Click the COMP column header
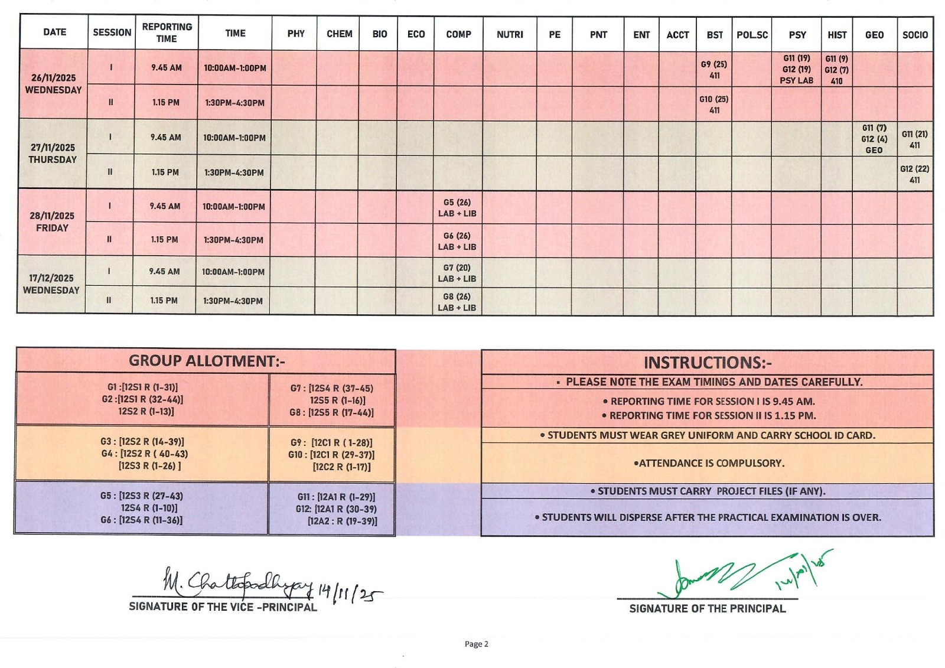(458, 34)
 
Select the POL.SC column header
(752, 35)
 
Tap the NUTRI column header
(510, 34)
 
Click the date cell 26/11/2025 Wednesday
(53, 84)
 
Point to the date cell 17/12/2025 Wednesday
(51, 284)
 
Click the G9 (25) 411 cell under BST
(714, 70)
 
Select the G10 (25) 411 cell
(714, 105)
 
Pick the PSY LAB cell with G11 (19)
(796, 69)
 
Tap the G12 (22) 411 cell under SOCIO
(914, 174)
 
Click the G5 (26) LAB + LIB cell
(457, 208)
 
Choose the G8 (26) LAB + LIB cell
(457, 302)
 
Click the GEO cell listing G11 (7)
(874, 139)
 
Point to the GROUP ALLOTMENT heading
(207, 361)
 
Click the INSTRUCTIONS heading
(708, 363)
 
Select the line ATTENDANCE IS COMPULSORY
(709, 463)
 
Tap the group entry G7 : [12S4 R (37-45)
(331, 388)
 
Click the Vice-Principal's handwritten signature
(236, 584)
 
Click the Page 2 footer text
(476, 644)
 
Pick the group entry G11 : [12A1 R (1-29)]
(336, 497)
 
